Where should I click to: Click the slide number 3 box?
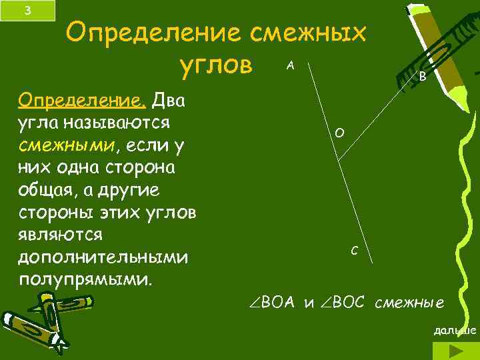point(27,11)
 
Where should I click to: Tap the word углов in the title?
point(217,67)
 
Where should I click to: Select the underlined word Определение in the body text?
point(83,101)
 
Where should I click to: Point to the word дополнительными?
point(104,257)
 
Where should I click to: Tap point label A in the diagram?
point(291,65)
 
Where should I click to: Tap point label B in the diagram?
point(422,77)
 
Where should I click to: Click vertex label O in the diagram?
point(339,134)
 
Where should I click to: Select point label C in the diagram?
point(354,251)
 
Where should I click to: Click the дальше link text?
point(455,331)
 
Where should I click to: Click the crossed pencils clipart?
point(47,318)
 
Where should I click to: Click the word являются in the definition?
point(60,235)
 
